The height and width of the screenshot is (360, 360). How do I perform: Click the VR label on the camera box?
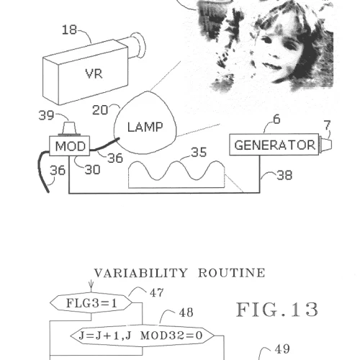tap(94, 73)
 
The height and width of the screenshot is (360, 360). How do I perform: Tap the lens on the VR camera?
tap(138, 45)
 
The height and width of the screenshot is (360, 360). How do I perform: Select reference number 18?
tap(69, 30)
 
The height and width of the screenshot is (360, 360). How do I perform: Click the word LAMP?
tap(145, 127)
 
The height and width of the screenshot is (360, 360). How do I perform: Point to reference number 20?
tap(100, 110)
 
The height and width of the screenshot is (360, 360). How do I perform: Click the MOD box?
tap(70, 146)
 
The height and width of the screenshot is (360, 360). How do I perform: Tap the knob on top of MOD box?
tap(69, 129)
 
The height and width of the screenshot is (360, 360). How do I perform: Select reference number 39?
tap(46, 115)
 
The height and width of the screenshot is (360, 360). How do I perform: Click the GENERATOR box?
tap(274, 145)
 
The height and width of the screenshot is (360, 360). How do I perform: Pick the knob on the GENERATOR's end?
tap(325, 145)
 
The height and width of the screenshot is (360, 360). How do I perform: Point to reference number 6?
tap(276, 120)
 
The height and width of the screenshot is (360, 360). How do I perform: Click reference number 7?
tap(328, 125)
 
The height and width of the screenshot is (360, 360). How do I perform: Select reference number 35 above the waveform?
tap(199, 152)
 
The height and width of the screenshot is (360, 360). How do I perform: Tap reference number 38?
tap(284, 175)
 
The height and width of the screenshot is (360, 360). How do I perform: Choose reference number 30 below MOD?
tap(92, 170)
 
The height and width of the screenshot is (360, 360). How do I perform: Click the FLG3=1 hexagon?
tap(91, 303)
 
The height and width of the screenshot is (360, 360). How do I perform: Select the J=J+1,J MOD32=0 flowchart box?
tap(142, 336)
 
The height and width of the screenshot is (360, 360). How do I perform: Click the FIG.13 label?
tap(277, 310)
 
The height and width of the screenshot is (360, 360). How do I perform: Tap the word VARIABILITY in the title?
tap(140, 273)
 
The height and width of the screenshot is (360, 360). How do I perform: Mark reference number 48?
tap(186, 312)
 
